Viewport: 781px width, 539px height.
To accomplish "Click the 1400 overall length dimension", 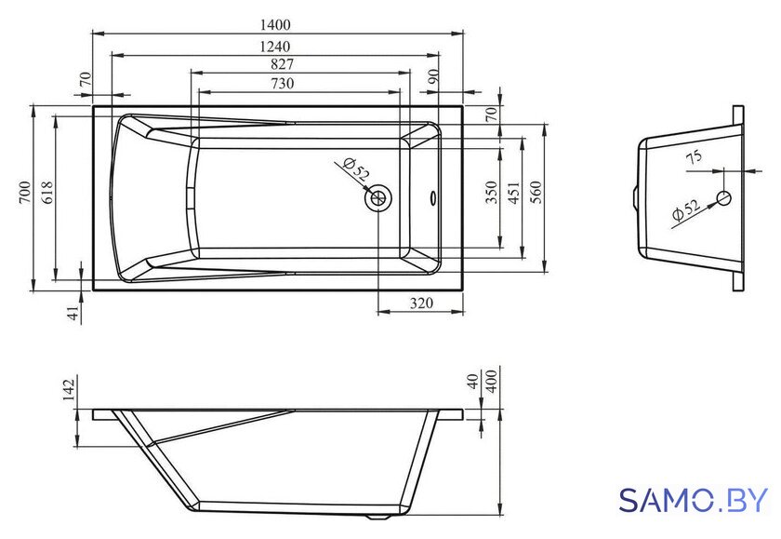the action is point(275,24).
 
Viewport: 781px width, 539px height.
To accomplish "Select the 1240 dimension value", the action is point(275,47).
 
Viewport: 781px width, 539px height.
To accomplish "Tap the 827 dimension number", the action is point(283,64).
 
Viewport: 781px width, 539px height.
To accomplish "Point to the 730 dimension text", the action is point(283,83).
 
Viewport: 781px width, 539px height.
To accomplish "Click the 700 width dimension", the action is point(25,193).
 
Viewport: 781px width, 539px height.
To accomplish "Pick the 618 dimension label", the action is point(46,193).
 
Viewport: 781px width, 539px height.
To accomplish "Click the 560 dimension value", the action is point(536,193).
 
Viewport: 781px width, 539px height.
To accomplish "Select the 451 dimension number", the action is point(513,193).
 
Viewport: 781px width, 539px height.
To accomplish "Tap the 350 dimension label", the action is point(491,193).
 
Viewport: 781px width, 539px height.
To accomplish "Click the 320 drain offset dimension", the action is point(422,303).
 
